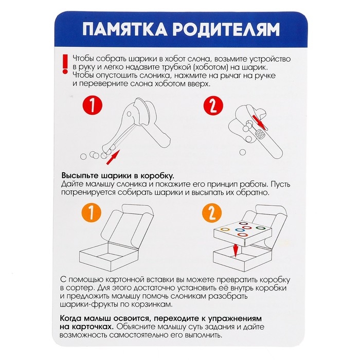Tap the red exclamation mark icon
coord(64,64)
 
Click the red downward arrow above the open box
coord(235,251)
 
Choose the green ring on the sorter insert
coord(261,228)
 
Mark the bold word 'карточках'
coord(90,327)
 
